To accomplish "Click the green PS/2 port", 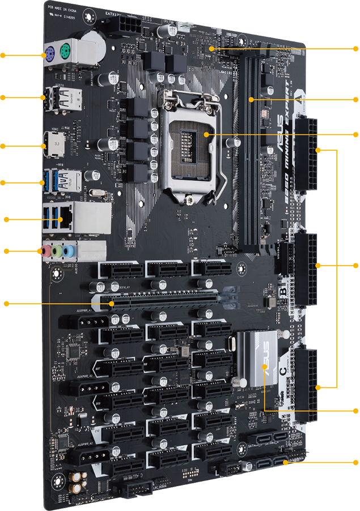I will click(x=65, y=49).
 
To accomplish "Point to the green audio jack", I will click(x=57, y=250).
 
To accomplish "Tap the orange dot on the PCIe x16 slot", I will click(x=112, y=304).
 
